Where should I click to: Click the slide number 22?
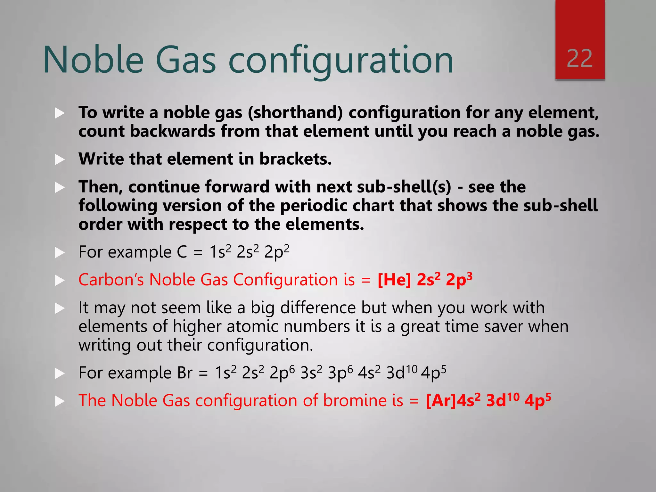coord(579,59)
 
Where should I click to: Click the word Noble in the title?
coord(93,60)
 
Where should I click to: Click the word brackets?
coord(295,159)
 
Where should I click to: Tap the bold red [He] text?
coord(394,280)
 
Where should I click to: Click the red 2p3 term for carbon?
coord(459,280)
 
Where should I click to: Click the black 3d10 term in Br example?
coord(402,373)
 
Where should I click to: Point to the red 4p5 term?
coord(537,400)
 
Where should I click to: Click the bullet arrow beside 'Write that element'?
coord(60,159)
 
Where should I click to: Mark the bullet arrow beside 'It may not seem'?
coord(60,308)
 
